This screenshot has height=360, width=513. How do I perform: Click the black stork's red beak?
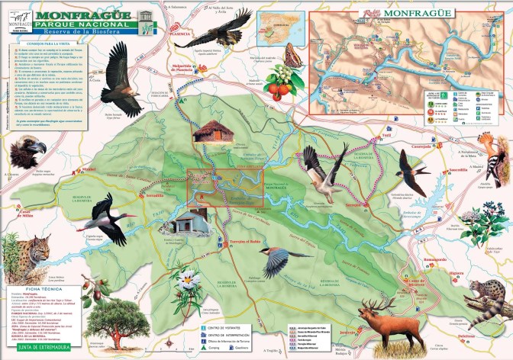pos(83,227)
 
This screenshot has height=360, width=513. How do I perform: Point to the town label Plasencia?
pos(180,34)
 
